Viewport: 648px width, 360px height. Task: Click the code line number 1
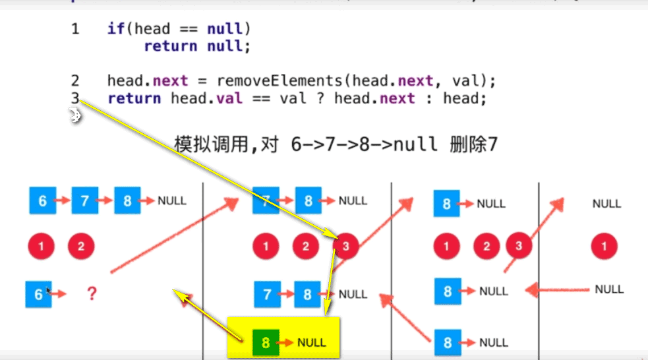point(76,29)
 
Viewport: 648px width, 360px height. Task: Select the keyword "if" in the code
point(115,29)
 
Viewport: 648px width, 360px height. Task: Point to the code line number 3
point(76,99)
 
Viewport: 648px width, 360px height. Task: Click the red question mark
point(92,293)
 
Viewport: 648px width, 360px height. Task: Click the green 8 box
point(266,342)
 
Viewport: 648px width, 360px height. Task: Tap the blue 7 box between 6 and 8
point(84,200)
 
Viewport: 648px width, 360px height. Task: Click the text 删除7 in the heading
point(475,144)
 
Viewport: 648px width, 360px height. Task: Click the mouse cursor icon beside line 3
point(74,117)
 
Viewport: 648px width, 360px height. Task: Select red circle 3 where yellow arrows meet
point(345,247)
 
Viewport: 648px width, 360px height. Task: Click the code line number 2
point(76,81)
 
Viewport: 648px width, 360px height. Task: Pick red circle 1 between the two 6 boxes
point(41,247)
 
